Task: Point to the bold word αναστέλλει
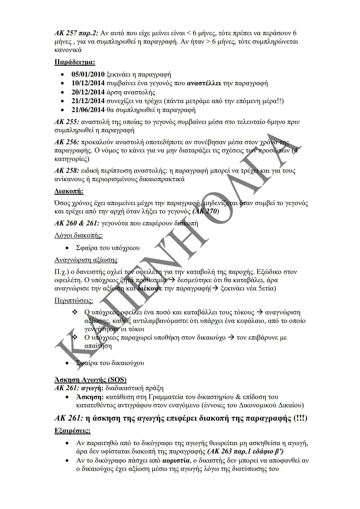[x=204, y=83]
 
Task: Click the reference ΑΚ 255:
[x=67, y=122]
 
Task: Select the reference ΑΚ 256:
[x=67, y=142]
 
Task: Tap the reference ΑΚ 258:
[x=67, y=171]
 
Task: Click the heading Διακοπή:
[x=69, y=191]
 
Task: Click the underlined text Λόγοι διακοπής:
[x=78, y=235]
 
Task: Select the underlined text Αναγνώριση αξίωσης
[x=86, y=260]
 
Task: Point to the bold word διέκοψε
[x=150, y=288]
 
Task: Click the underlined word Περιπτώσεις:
[x=74, y=300]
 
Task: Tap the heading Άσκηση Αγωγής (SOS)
[x=90, y=380]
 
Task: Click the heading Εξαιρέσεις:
[x=72, y=431]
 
